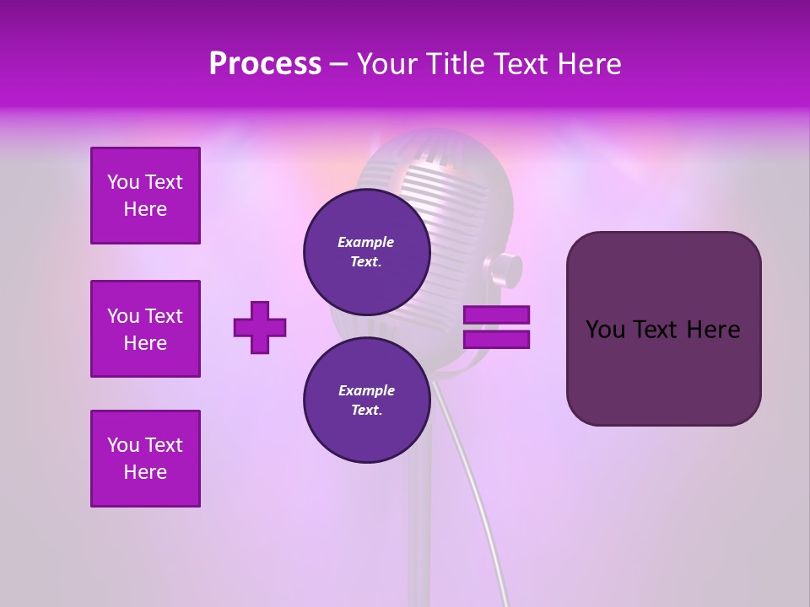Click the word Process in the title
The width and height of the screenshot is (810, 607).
coord(265,64)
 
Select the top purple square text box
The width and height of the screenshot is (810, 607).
coord(145,196)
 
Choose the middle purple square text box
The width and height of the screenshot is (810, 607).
coord(145,329)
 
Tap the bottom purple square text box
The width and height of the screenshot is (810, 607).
coord(145,459)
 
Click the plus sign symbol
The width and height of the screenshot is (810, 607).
coord(260,327)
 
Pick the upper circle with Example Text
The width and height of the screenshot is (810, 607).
coord(366,252)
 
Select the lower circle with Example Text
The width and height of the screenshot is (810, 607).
coord(366,400)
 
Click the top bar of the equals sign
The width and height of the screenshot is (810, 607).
coord(496,315)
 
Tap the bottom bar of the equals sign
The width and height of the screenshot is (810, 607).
coord(496,340)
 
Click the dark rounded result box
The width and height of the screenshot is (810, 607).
coord(663,329)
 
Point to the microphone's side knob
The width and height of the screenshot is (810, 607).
coord(504,269)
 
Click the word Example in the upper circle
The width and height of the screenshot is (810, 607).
coord(366,242)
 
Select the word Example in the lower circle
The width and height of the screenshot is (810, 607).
coord(366,390)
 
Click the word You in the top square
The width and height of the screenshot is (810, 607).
coord(123,182)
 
